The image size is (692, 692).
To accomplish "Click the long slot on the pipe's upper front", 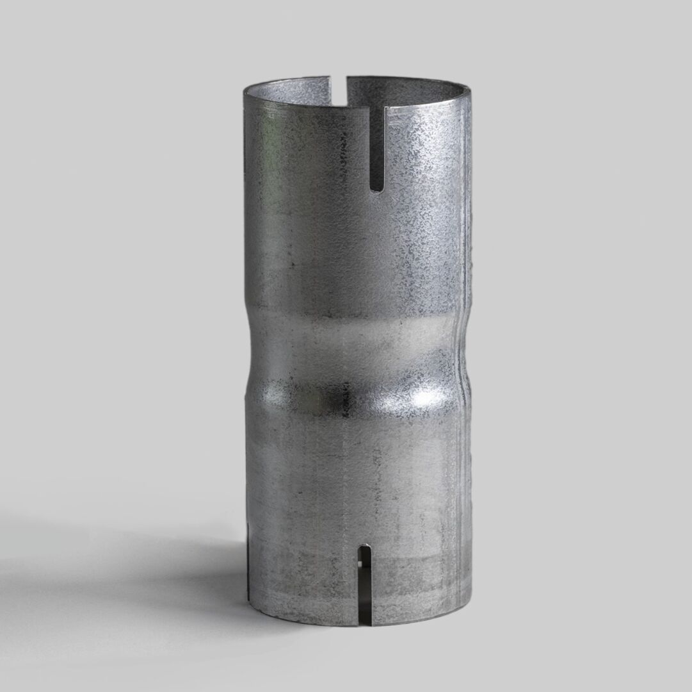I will click(x=378, y=147).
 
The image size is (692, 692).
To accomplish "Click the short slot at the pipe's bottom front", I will click(x=364, y=583).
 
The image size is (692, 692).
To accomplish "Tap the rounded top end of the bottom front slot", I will click(x=364, y=548).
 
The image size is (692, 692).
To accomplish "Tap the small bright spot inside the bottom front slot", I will click(x=360, y=564).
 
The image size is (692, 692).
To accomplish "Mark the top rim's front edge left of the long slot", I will click(x=307, y=104).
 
